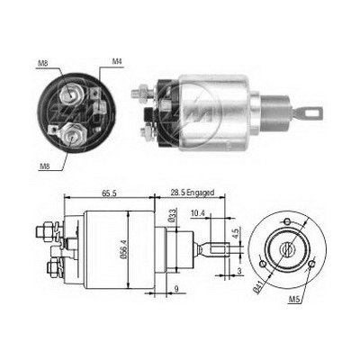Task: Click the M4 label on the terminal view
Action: pyautogui.click(x=118, y=62)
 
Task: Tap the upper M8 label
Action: pyautogui.click(x=44, y=62)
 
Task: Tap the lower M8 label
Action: pyautogui.click(x=42, y=166)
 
